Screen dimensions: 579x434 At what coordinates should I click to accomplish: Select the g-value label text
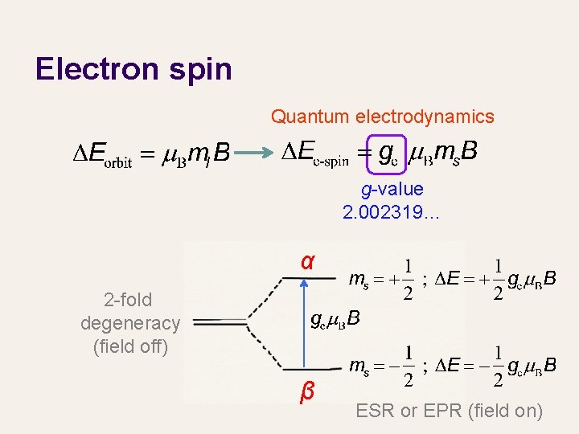tap(392, 190)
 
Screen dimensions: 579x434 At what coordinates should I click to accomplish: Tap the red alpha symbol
tap(307, 262)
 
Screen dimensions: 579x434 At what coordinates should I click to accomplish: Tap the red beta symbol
tap(306, 392)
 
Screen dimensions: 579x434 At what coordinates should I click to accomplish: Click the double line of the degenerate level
tap(220, 322)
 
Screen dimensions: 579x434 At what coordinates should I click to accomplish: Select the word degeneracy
tap(130, 323)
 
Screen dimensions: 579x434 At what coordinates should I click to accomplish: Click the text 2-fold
tap(129, 300)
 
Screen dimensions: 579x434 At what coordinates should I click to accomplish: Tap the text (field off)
tap(130, 346)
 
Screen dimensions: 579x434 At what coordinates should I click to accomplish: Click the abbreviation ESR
tap(376, 411)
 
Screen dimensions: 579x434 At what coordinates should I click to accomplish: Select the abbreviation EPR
tap(438, 411)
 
